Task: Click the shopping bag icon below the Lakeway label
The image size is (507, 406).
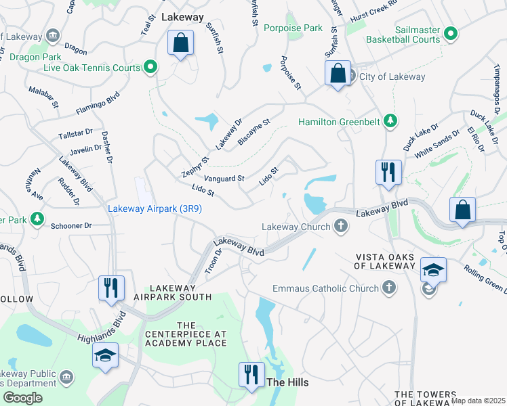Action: [x=180, y=44]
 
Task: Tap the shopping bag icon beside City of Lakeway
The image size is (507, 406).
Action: [x=337, y=73]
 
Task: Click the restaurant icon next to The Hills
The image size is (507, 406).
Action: [x=251, y=374]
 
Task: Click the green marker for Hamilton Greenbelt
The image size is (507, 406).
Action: [x=390, y=122]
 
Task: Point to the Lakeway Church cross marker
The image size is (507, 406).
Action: [x=340, y=227]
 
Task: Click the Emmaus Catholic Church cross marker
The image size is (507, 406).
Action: [x=388, y=289]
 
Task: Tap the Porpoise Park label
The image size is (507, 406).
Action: [x=293, y=28]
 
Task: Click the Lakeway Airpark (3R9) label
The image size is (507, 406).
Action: [x=155, y=209]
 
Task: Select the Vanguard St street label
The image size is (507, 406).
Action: [x=224, y=179]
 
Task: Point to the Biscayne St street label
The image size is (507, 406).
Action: [x=254, y=133]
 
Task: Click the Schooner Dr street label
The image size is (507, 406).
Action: [x=71, y=225]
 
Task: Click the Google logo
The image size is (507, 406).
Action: [x=22, y=398]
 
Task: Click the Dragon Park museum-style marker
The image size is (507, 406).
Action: [x=52, y=35]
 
